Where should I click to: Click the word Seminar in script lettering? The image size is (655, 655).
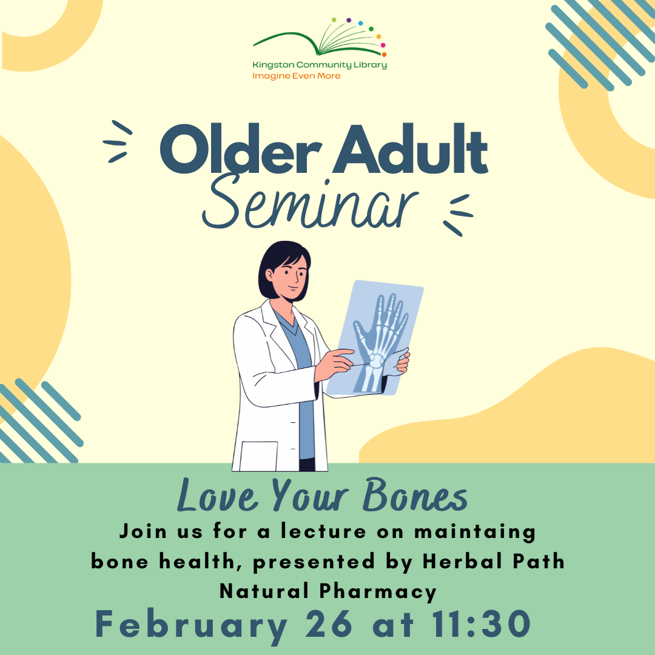[310, 203]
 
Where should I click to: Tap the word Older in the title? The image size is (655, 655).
[241, 149]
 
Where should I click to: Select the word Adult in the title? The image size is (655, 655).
[411, 149]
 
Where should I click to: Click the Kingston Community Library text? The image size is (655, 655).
[320, 65]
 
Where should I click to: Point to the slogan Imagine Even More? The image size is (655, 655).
[296, 76]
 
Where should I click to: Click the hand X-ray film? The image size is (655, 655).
[375, 338]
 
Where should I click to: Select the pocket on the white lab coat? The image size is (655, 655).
[258, 456]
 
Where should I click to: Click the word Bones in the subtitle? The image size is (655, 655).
[415, 495]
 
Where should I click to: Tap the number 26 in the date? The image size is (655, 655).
[329, 624]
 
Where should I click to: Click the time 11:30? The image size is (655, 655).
[482, 624]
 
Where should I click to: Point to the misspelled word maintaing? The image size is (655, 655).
[474, 532]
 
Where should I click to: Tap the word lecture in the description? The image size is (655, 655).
[323, 531]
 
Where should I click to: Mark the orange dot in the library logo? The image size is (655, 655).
[384, 55]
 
